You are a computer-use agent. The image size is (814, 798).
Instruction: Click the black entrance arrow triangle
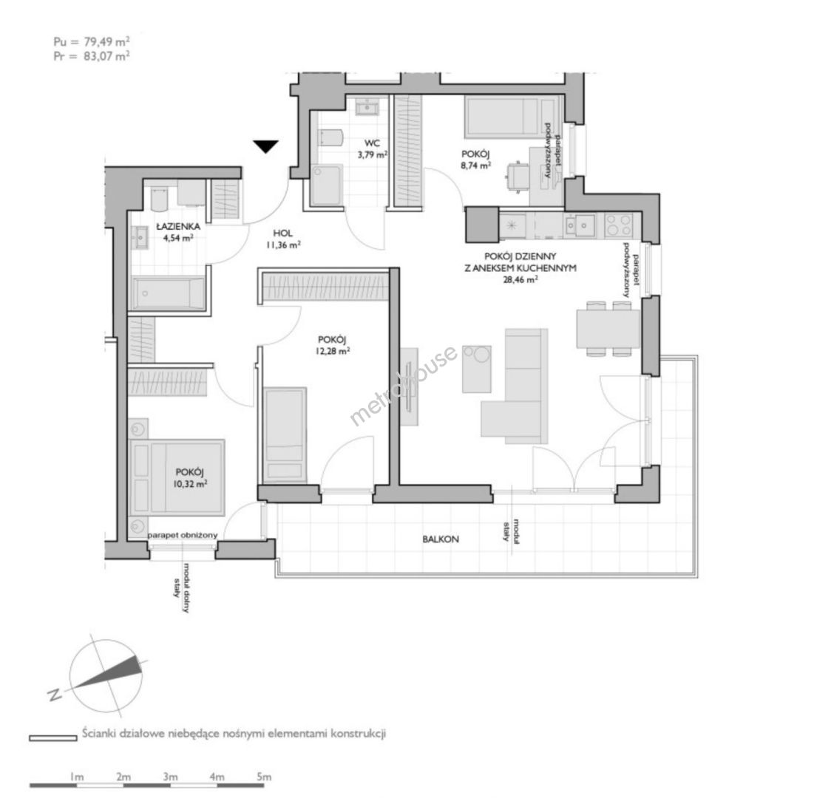(x=266, y=146)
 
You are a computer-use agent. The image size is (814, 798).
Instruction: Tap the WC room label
(x=372, y=143)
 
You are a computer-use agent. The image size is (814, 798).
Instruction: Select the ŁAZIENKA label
(x=178, y=226)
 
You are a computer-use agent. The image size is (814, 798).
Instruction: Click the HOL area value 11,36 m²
(x=283, y=245)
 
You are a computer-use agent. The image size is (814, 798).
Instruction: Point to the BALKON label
(x=441, y=539)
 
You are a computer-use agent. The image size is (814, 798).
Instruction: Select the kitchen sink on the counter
(x=580, y=225)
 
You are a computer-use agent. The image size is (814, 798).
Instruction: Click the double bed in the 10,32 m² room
(x=177, y=477)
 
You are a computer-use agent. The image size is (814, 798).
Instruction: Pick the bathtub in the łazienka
(x=169, y=293)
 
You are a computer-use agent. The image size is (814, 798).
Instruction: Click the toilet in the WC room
(x=330, y=138)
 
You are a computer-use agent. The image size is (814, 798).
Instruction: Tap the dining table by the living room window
(x=608, y=328)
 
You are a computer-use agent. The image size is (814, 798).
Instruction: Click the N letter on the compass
(x=54, y=695)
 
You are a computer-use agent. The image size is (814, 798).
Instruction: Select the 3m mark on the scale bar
(x=170, y=777)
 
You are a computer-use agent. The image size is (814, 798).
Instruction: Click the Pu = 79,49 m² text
(x=92, y=41)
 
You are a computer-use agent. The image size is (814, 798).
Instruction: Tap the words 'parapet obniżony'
(x=182, y=535)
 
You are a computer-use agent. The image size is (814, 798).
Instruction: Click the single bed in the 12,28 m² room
(x=285, y=434)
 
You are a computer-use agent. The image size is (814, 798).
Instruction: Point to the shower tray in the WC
(x=326, y=185)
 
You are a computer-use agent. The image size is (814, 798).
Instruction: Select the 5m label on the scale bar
(x=264, y=777)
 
